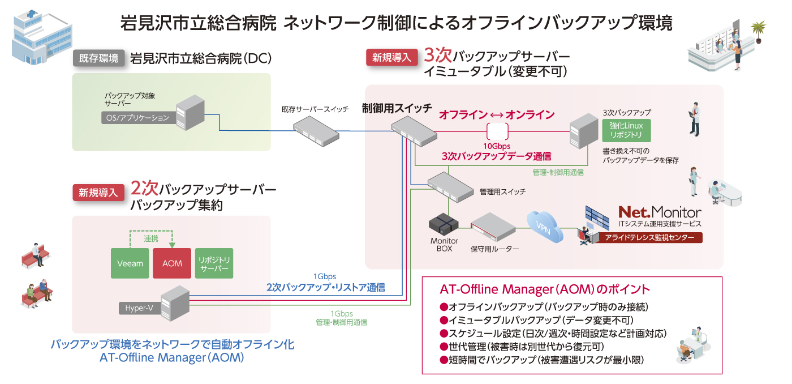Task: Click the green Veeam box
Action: (x=130, y=263)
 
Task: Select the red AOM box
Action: (x=171, y=263)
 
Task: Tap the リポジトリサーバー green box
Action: (x=214, y=263)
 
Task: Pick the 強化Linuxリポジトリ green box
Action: (x=626, y=130)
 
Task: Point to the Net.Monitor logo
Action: (x=659, y=212)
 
